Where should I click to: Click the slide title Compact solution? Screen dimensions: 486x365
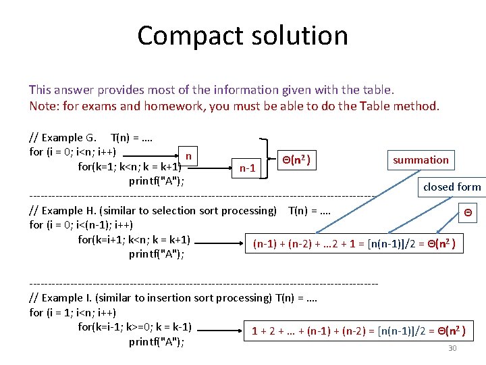(x=242, y=36)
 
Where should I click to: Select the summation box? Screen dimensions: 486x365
(x=421, y=160)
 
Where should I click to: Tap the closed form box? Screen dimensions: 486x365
(x=452, y=187)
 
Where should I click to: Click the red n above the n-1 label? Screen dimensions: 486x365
(x=188, y=156)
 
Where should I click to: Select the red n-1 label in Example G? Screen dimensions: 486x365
(x=247, y=168)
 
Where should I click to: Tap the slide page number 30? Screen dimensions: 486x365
(x=452, y=348)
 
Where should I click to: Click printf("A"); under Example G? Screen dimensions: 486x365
(x=157, y=180)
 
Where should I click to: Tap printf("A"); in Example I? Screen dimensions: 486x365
(x=157, y=341)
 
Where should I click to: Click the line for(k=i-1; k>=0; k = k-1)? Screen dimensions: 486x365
(x=135, y=327)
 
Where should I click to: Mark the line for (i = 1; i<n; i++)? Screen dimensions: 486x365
(x=73, y=312)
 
